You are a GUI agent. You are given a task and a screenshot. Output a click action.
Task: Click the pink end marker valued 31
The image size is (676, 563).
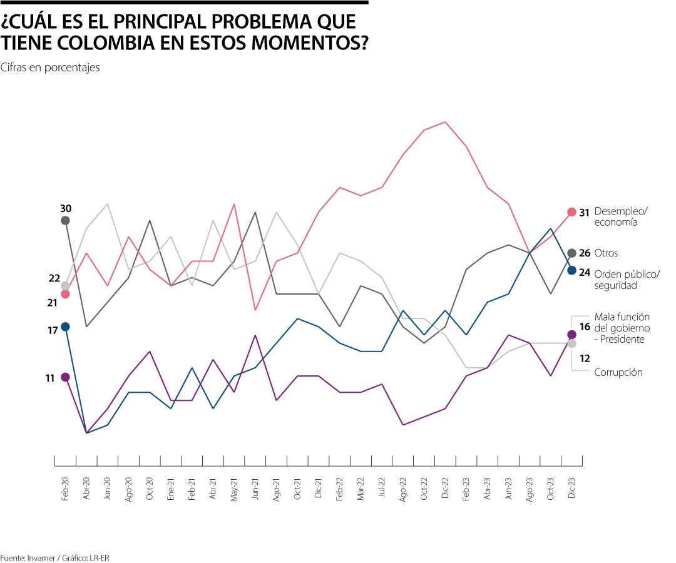point(571,212)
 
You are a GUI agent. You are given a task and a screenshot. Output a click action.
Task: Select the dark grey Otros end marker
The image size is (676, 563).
point(571,253)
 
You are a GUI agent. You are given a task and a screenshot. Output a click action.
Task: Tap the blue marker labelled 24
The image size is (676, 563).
point(571,270)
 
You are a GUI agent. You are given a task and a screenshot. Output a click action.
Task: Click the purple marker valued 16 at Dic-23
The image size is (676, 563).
point(571,335)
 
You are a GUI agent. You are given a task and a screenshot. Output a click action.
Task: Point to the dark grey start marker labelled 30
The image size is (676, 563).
point(65,220)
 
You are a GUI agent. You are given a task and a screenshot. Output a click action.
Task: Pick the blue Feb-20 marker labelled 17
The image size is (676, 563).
point(65,327)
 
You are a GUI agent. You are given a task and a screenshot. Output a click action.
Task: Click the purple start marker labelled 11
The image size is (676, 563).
point(65,377)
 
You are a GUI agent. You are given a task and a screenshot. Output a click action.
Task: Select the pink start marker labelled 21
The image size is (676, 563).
point(65,294)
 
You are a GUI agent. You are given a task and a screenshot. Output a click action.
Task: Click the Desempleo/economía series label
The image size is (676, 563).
point(620,216)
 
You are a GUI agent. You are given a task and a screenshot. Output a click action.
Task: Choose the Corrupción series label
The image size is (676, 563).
point(618,372)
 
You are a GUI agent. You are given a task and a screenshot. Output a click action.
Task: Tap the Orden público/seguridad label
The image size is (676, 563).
point(627,280)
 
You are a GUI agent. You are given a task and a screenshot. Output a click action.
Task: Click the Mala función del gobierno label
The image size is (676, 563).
point(622,328)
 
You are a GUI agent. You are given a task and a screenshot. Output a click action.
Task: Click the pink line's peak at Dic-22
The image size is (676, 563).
point(445,122)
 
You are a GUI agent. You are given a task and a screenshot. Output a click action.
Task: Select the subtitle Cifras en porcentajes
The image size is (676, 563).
point(50,68)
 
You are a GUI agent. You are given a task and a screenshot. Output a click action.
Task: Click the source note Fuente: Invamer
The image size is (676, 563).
point(28,557)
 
